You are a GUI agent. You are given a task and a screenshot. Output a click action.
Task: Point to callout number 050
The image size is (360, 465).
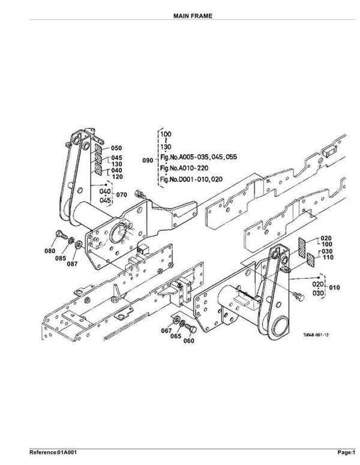[116, 148]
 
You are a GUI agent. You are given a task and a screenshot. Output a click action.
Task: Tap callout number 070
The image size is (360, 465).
[122, 195]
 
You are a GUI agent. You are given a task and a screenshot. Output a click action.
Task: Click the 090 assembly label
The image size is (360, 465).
[147, 160]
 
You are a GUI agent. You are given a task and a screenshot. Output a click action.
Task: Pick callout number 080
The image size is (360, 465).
[50, 250]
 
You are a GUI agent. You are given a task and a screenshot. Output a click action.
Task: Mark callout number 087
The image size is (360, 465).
[72, 263]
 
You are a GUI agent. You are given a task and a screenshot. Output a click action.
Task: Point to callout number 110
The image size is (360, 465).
[328, 257]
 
